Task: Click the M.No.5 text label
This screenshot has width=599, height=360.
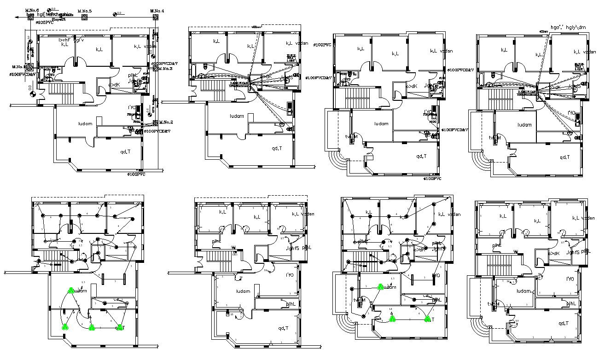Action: (84, 11)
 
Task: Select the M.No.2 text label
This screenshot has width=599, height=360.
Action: (166, 122)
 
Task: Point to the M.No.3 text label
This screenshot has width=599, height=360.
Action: (165, 69)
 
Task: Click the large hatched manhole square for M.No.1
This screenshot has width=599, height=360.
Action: (29, 67)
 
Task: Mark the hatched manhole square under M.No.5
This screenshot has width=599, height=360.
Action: (84, 17)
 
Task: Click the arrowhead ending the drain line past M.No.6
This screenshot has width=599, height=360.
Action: (17, 17)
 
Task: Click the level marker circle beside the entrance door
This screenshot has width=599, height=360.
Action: (32, 94)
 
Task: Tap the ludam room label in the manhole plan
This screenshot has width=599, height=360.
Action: (85, 123)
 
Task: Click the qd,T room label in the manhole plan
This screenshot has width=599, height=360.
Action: (125, 151)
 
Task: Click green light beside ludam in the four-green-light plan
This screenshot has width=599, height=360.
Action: (71, 290)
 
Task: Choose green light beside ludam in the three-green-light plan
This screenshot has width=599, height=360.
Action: (380, 286)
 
